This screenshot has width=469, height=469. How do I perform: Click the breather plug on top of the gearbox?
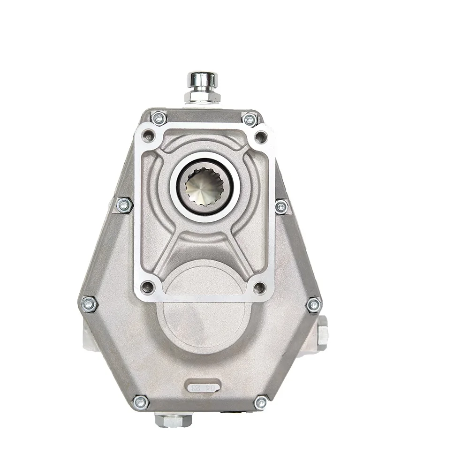click(203, 87)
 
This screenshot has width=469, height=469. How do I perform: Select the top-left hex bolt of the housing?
click(159, 118)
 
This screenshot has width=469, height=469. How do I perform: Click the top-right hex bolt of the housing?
click(250, 120)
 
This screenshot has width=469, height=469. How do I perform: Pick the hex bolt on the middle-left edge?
click(124, 205)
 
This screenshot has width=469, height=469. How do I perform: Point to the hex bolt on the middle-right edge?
click(281, 206)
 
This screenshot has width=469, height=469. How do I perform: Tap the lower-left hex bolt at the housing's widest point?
click(89, 304)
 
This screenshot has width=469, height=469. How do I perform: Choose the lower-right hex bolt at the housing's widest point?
click(314, 305)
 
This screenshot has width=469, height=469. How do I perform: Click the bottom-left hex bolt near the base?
click(140, 402)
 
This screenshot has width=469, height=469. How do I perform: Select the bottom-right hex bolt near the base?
click(261, 402)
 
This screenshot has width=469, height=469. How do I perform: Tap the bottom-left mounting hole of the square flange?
click(148, 287)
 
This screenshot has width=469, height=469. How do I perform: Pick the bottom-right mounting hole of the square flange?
click(260, 287)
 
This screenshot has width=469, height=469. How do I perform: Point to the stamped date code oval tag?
click(203, 387)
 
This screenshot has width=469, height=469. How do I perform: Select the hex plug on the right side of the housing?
click(322, 334)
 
